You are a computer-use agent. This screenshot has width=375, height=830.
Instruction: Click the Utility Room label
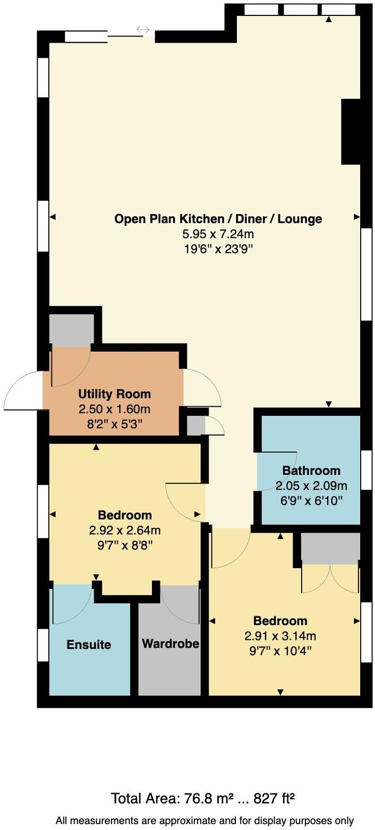114,394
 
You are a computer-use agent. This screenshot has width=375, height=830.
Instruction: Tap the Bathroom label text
311,470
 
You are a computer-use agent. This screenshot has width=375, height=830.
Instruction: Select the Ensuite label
89,645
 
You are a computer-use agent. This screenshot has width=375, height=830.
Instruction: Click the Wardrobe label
171,644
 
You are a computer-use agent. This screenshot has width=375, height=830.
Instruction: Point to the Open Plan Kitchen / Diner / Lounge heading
218,219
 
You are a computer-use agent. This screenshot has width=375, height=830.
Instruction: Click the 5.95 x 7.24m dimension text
218,234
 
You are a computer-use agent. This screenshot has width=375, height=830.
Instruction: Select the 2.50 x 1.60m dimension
114,409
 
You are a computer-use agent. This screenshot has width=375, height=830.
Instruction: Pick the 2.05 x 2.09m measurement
311,485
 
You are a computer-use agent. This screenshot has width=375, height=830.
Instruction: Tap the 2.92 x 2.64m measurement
125,530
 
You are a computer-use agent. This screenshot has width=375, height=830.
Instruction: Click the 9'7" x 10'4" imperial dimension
280,651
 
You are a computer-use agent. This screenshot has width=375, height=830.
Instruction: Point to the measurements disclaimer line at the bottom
204,820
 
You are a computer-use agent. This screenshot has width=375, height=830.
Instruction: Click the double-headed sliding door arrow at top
143,30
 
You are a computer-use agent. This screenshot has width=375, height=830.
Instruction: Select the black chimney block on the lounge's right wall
350,131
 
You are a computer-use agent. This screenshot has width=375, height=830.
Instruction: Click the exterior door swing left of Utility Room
22,391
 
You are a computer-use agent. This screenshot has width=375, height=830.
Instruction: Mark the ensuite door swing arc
72,604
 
